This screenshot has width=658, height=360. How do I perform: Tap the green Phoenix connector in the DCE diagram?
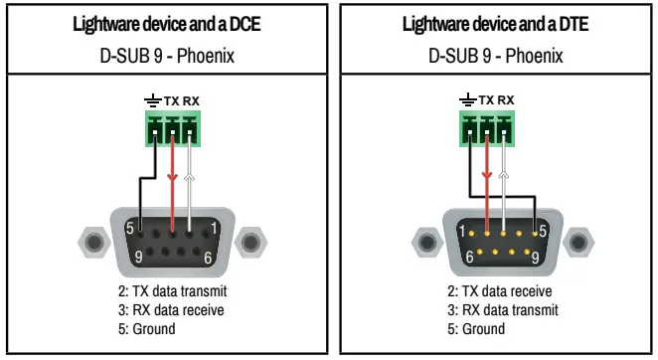170,128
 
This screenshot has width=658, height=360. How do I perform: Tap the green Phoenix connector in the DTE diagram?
488,128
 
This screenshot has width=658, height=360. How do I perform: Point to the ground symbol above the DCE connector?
152,100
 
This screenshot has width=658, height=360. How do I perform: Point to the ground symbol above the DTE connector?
468,100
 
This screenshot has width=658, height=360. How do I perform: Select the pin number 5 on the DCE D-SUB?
128,229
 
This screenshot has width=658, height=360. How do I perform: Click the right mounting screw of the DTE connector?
578,241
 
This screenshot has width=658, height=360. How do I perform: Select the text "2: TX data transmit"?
172,291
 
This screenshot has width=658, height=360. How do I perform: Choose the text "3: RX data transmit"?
500,310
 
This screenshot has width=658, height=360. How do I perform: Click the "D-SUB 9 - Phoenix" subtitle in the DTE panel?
495,56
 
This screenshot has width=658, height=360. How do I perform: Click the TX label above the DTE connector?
486,100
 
